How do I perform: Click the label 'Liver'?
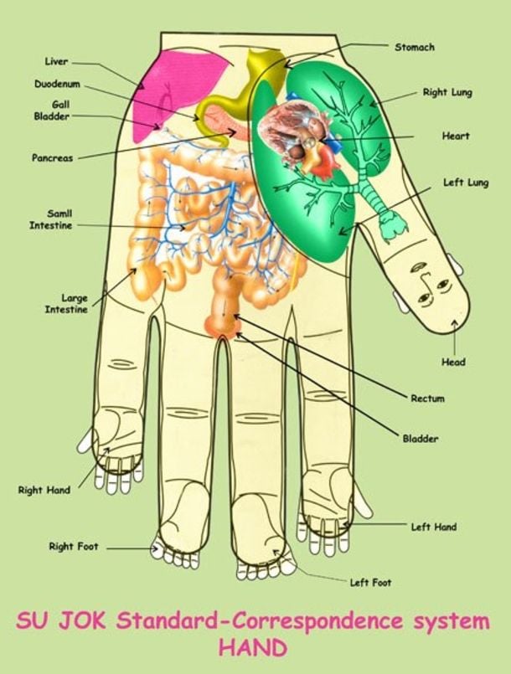[x=56, y=61]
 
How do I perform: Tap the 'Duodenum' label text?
[x=58, y=85]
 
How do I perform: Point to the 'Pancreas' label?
[x=52, y=157]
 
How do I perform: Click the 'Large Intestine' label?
[x=65, y=303]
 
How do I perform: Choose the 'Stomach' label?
[x=414, y=48]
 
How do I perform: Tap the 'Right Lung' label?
[x=446, y=92]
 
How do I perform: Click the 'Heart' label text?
[x=455, y=136]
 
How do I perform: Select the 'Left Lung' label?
[x=465, y=183]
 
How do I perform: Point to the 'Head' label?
[x=453, y=362]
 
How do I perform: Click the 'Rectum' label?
[x=427, y=399]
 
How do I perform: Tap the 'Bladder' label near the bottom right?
[x=421, y=439]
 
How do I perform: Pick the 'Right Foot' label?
[x=73, y=547]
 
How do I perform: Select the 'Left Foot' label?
[x=369, y=582]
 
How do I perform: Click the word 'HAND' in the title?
[x=252, y=647]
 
